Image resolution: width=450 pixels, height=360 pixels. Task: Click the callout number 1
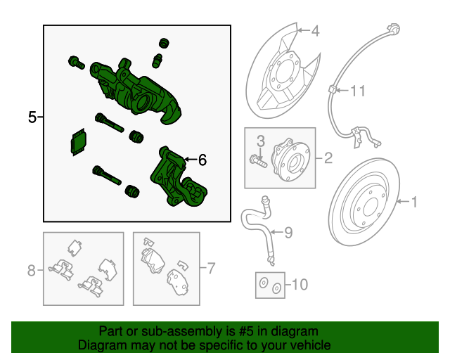click(414, 202)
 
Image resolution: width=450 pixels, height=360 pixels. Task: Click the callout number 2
click(328, 158)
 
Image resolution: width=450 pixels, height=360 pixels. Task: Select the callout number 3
click(259, 141)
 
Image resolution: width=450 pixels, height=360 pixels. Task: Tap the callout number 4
click(314, 31)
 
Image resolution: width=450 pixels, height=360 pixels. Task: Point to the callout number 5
click(32, 117)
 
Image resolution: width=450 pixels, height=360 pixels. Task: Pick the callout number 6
click(202, 160)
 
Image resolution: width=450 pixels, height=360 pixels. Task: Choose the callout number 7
click(210, 268)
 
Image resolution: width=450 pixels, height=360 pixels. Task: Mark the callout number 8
click(31, 270)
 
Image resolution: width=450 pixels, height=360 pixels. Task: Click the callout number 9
click(288, 232)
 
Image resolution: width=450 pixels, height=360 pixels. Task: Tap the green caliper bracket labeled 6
click(177, 181)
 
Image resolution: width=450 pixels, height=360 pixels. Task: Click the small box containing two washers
click(269, 285)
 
